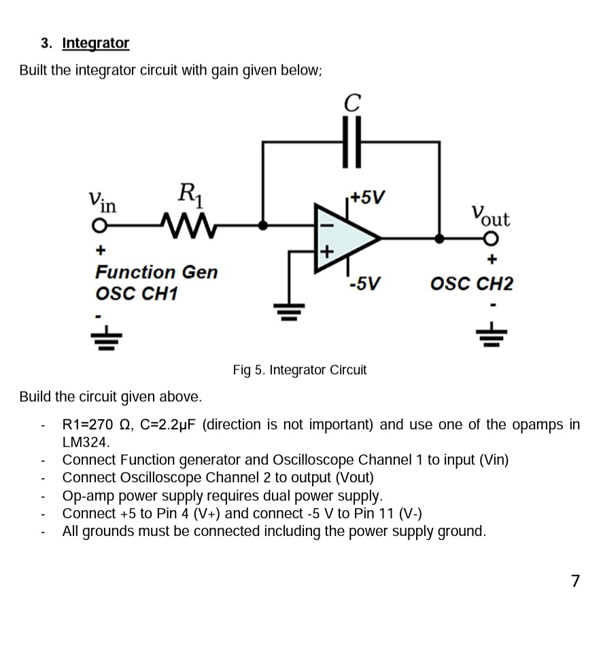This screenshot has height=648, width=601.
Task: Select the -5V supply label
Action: point(364,283)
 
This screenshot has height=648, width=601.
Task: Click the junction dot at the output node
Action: point(440,238)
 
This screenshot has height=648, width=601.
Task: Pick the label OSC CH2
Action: point(472,283)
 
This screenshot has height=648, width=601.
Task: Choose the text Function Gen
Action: point(156,272)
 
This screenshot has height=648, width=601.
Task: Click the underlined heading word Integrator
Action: point(95,43)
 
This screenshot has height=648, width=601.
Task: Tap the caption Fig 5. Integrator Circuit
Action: point(299,370)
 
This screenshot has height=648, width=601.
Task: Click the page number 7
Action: point(575,581)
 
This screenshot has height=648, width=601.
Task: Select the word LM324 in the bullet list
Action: point(85,442)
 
